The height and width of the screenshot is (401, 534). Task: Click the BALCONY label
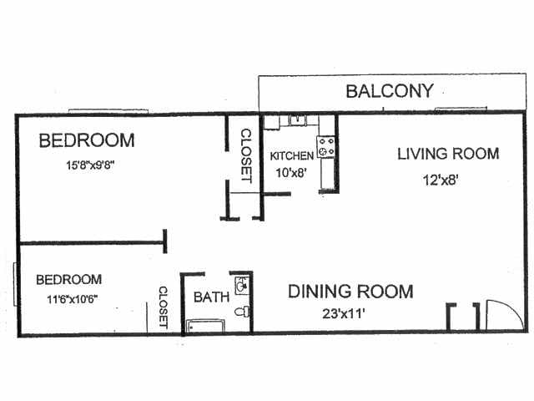pyautogui.click(x=390, y=90)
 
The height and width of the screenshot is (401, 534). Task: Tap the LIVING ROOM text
pyautogui.click(x=448, y=154)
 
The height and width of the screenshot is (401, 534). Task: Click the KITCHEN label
pyautogui.click(x=291, y=156)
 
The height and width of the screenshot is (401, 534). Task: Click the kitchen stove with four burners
pyautogui.click(x=326, y=148)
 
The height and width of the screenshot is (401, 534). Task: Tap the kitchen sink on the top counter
pyautogui.click(x=296, y=120)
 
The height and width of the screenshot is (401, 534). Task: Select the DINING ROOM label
pyautogui.click(x=350, y=292)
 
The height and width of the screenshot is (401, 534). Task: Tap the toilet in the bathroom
pyautogui.click(x=241, y=312)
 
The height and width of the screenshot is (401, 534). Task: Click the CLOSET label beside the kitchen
pyautogui.click(x=246, y=155)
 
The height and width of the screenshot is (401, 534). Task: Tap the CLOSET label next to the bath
pyautogui.click(x=163, y=307)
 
